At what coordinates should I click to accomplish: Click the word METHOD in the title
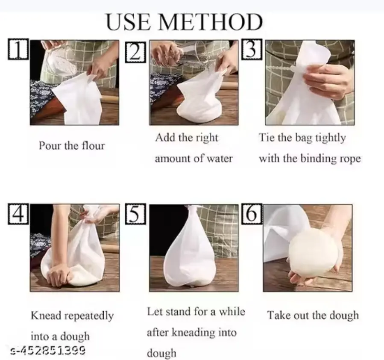click(x=211, y=22)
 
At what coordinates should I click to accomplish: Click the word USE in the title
click(x=129, y=22)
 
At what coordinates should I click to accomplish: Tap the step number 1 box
click(x=18, y=49)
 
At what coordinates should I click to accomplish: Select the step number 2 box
click(x=136, y=52)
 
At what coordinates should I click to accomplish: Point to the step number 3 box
click(x=252, y=49)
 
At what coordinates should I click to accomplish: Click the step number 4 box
click(x=18, y=214)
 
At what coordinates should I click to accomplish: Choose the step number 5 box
click(x=135, y=214)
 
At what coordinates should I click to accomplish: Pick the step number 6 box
click(x=252, y=214)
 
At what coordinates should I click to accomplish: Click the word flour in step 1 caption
click(x=93, y=145)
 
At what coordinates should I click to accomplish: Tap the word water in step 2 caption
click(x=220, y=159)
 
